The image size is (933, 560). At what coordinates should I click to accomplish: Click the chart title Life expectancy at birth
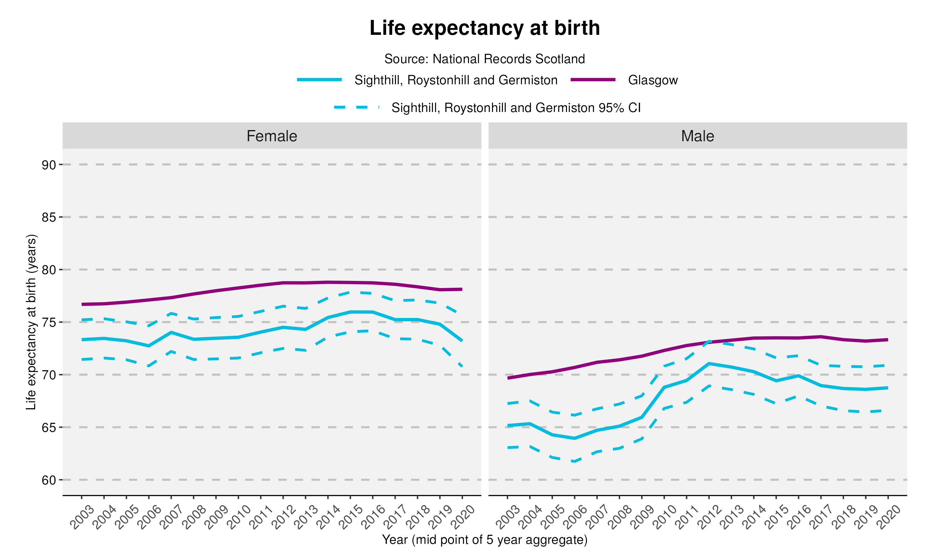(485, 28)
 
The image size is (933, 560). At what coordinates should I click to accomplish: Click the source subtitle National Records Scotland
(485, 59)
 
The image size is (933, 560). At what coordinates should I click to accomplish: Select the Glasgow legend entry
(652, 80)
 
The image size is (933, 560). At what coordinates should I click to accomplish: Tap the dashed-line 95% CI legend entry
(516, 108)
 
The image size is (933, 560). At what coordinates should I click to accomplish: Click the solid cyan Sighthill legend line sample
(319, 80)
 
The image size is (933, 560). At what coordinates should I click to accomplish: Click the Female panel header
(272, 136)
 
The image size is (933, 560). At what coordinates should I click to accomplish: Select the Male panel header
(697, 136)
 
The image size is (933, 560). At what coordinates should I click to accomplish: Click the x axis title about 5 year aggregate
(485, 540)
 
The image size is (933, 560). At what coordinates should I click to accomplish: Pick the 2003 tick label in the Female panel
(82, 517)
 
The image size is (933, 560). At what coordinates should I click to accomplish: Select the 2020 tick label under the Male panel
(888, 517)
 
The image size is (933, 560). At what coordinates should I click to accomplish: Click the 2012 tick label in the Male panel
(709, 517)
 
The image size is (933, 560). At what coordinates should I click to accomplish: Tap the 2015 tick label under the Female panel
(350, 517)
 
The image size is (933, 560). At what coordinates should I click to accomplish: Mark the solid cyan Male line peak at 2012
(709, 363)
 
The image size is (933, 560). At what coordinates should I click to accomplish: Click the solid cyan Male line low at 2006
(574, 438)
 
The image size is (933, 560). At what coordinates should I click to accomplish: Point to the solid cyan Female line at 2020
(462, 341)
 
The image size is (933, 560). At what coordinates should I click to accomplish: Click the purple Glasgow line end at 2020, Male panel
(887, 340)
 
